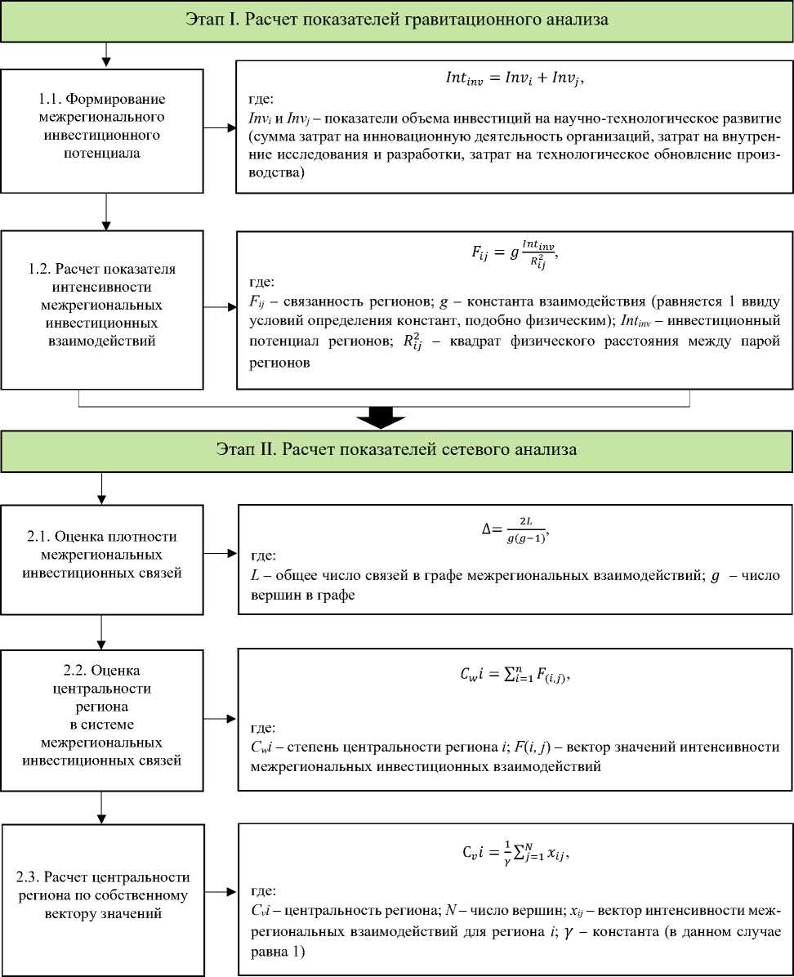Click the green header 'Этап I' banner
[x=397, y=20]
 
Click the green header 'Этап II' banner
[x=397, y=449]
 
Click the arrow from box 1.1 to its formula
[x=219, y=128]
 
